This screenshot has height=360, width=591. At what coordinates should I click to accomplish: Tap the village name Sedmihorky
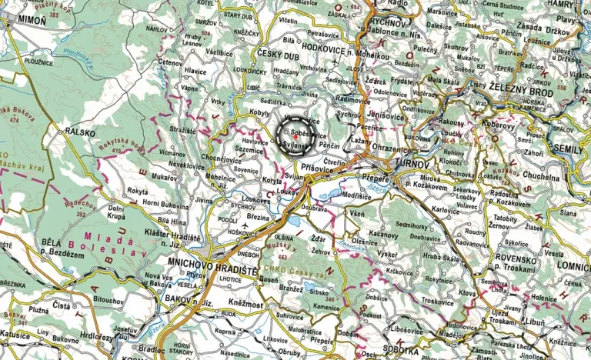[x=417, y=226]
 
